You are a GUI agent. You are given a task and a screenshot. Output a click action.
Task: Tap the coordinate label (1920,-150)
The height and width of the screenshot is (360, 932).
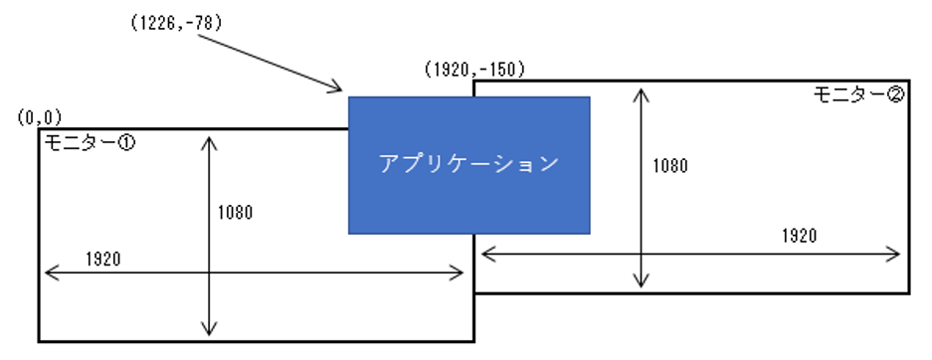tap(474, 70)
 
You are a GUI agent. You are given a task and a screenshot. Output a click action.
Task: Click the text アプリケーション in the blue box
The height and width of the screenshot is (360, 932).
tap(468, 164)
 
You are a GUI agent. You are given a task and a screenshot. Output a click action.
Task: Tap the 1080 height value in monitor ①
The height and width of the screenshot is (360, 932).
tap(235, 212)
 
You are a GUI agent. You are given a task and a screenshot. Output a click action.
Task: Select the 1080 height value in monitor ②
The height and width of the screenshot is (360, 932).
tap(670, 166)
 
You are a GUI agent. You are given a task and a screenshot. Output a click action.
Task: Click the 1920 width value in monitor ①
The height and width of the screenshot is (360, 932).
tap(102, 259)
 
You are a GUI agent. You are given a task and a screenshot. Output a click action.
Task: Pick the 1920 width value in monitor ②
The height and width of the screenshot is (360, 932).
tap(799, 236)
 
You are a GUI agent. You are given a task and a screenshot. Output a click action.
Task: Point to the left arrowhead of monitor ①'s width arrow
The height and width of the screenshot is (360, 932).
tap(48, 270)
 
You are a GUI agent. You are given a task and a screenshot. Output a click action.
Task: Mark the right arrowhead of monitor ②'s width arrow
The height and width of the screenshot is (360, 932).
tap(898, 254)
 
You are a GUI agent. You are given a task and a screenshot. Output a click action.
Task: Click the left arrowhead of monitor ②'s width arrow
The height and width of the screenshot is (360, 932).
tap(485, 254)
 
